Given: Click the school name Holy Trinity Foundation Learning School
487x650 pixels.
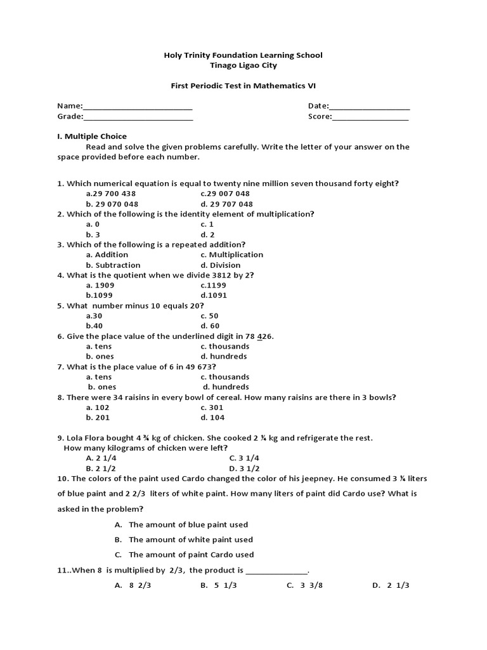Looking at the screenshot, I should coord(243,55).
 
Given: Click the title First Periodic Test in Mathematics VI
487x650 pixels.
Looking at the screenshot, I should coord(243,86).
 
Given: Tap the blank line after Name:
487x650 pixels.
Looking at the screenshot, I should coord(138,107).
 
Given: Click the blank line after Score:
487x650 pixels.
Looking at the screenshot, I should coord(370,117).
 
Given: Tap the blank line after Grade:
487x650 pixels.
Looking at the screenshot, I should coord(138,117).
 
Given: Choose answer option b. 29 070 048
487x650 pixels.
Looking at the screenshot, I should coord(112,204).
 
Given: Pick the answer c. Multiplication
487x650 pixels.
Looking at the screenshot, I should coord(231,255).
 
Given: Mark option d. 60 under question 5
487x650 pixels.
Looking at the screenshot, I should coord(209,326).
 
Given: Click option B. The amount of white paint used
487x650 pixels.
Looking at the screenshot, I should coord(184,540).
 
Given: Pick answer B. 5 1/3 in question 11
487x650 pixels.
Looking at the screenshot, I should coord(218,586).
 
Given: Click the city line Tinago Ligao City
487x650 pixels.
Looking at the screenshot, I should coord(243,65).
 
